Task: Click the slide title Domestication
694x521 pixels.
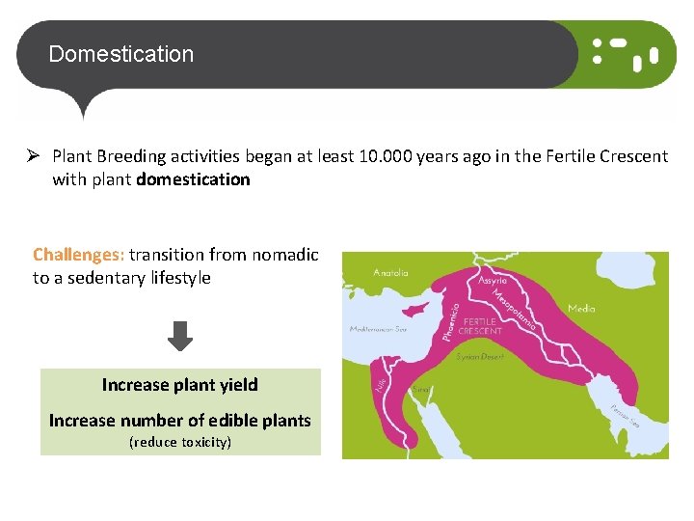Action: (120, 54)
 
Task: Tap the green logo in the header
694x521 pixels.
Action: (625, 54)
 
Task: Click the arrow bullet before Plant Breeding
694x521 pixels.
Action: (32, 155)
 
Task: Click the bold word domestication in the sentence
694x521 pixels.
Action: (193, 179)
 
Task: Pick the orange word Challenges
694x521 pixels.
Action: (78, 255)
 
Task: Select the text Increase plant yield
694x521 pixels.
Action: (180, 385)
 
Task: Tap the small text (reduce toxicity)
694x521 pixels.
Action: (180, 443)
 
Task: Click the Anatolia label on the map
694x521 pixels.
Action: (390, 273)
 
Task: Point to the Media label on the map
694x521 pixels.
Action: (581, 309)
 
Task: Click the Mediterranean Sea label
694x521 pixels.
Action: (378, 329)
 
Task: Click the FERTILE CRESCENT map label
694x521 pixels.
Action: (480, 325)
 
